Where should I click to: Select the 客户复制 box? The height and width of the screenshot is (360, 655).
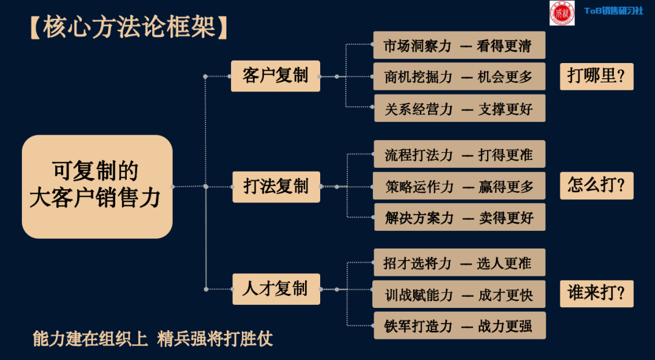[275, 76]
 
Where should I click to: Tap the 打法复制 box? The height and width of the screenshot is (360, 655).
[276, 186]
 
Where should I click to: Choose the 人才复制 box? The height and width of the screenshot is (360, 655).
[276, 288]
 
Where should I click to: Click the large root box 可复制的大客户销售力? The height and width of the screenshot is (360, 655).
[97, 186]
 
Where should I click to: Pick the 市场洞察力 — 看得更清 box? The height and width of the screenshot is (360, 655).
[459, 45]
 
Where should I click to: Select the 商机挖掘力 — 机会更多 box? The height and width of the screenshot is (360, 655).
[459, 76]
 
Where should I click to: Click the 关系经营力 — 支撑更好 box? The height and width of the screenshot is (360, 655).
[459, 108]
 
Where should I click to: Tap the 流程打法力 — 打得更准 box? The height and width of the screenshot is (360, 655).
[459, 155]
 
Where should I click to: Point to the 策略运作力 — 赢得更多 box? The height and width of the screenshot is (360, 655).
[459, 187]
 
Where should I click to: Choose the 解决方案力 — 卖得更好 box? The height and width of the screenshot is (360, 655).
[459, 218]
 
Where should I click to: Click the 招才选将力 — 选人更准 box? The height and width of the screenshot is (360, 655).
[459, 262]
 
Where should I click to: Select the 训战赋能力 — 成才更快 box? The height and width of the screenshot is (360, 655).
[459, 295]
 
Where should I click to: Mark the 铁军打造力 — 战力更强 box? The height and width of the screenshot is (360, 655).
[459, 325]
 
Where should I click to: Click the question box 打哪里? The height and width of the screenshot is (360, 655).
[596, 76]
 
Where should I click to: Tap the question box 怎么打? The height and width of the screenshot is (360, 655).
[596, 185]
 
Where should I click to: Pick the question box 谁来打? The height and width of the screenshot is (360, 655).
[596, 293]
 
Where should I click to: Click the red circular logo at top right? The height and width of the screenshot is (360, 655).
[562, 13]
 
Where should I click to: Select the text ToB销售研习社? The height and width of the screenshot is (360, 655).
[613, 11]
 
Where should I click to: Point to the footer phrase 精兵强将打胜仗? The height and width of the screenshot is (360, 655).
[215, 338]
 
